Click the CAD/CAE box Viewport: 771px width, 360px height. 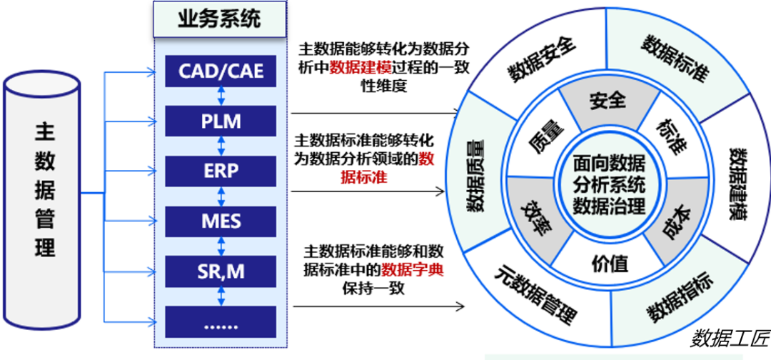coord(221,71)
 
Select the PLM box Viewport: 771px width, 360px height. coord(221,121)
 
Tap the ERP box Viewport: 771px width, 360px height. coord(221,171)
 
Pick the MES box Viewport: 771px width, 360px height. coord(221,221)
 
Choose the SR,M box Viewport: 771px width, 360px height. coord(221,271)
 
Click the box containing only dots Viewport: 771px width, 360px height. coord(221,321)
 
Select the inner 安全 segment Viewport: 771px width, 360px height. coord(608,100)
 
